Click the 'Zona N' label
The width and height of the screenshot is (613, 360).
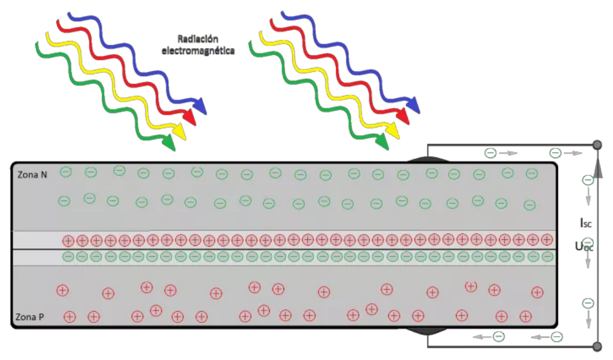(31, 174)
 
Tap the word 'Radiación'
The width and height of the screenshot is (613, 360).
(198, 38)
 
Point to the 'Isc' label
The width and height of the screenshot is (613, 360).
(585, 223)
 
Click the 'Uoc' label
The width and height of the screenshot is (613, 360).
(584, 246)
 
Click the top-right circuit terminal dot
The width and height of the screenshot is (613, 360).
(597, 145)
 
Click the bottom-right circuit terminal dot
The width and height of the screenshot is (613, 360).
(597, 347)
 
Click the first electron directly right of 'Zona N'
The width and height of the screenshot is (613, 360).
(65, 172)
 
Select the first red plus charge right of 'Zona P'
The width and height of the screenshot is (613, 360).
(70, 317)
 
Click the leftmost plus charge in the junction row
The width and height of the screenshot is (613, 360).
(68, 240)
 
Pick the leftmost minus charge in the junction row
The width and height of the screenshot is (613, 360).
(68, 257)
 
